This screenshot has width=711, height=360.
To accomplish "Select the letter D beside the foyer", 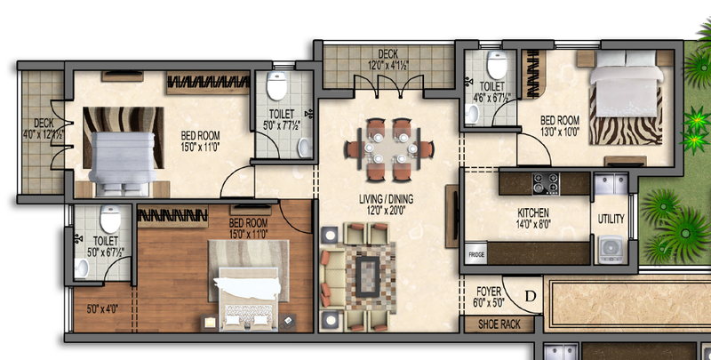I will point(531,295).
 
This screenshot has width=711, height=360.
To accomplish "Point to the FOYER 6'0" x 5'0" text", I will point(489,295).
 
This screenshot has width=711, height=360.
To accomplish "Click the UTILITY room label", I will point(611,219).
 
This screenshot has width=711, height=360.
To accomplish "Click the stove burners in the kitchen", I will point(545,184).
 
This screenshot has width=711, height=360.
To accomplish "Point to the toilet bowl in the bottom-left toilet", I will point(109,219).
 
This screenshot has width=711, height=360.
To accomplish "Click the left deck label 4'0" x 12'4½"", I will point(44,129).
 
